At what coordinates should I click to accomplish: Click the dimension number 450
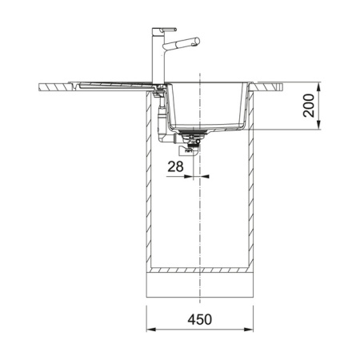(x=200, y=319)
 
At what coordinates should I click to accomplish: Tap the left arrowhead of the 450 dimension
(x=149, y=329)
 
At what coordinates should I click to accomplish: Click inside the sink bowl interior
(x=208, y=104)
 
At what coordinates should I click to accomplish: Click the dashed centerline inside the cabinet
(x=200, y=224)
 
